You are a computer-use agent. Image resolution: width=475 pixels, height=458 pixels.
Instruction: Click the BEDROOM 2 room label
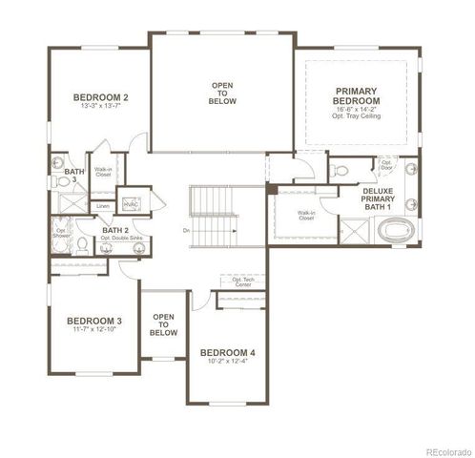click(x=100, y=97)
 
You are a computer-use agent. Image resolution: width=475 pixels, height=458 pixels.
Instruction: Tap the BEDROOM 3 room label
click(x=93, y=320)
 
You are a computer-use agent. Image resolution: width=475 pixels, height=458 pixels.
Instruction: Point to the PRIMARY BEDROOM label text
click(x=357, y=95)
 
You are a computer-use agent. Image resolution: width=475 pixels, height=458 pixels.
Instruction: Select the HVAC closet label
click(x=132, y=203)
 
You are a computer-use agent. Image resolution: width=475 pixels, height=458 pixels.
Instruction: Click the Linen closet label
click(x=102, y=205)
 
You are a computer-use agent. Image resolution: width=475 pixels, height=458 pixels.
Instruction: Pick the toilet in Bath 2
click(x=84, y=246)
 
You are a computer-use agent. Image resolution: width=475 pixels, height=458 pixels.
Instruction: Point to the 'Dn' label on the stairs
click(x=187, y=230)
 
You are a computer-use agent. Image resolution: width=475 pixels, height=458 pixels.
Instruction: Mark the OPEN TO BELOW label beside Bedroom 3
click(x=163, y=324)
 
